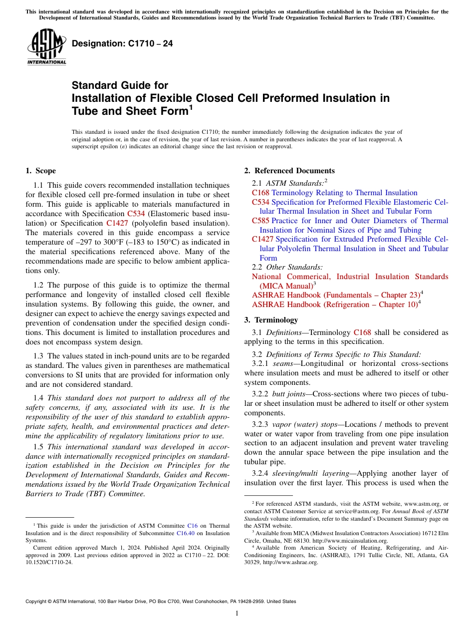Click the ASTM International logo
(46, 47)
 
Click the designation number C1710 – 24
(122, 43)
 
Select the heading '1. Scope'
(40, 171)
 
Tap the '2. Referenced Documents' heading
(289, 171)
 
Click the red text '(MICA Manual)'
(282, 286)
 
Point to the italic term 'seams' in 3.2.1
(283, 364)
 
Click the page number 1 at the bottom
(237, 614)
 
